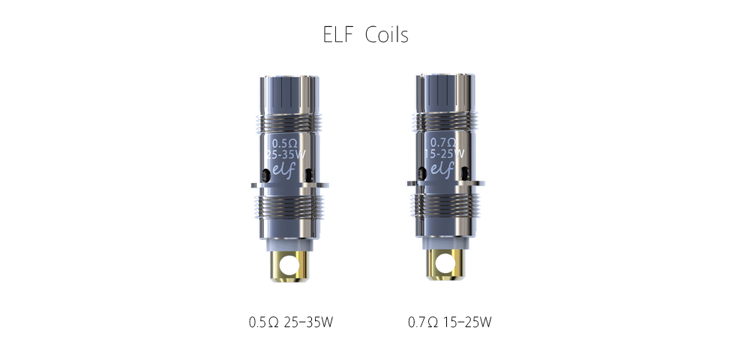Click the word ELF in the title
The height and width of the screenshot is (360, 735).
[x=337, y=34]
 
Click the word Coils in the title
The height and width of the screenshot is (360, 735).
[x=387, y=34]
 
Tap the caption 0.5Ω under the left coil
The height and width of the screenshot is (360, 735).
[x=264, y=322]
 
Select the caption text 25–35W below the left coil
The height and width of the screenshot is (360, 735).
[x=308, y=322]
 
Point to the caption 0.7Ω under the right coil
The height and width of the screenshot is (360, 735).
[x=423, y=322]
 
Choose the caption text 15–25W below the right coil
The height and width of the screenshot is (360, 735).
[x=467, y=322]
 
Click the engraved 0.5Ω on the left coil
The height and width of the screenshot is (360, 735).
[x=285, y=143]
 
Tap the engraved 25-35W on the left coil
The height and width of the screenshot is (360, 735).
[x=286, y=154]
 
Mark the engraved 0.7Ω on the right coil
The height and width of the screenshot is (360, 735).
[x=443, y=142]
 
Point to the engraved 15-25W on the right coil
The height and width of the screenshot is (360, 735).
[x=444, y=154]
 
